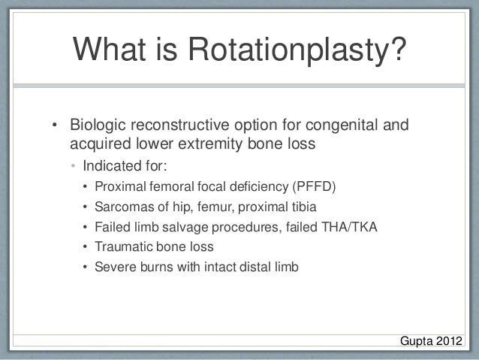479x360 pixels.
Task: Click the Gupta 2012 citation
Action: pyautogui.click(x=431, y=343)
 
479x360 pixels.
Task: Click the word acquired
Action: pyautogui.click(x=98, y=142)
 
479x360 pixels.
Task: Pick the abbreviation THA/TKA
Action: pyautogui.click(x=351, y=227)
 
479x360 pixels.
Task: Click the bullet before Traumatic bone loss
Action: pyautogui.click(x=86, y=247)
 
